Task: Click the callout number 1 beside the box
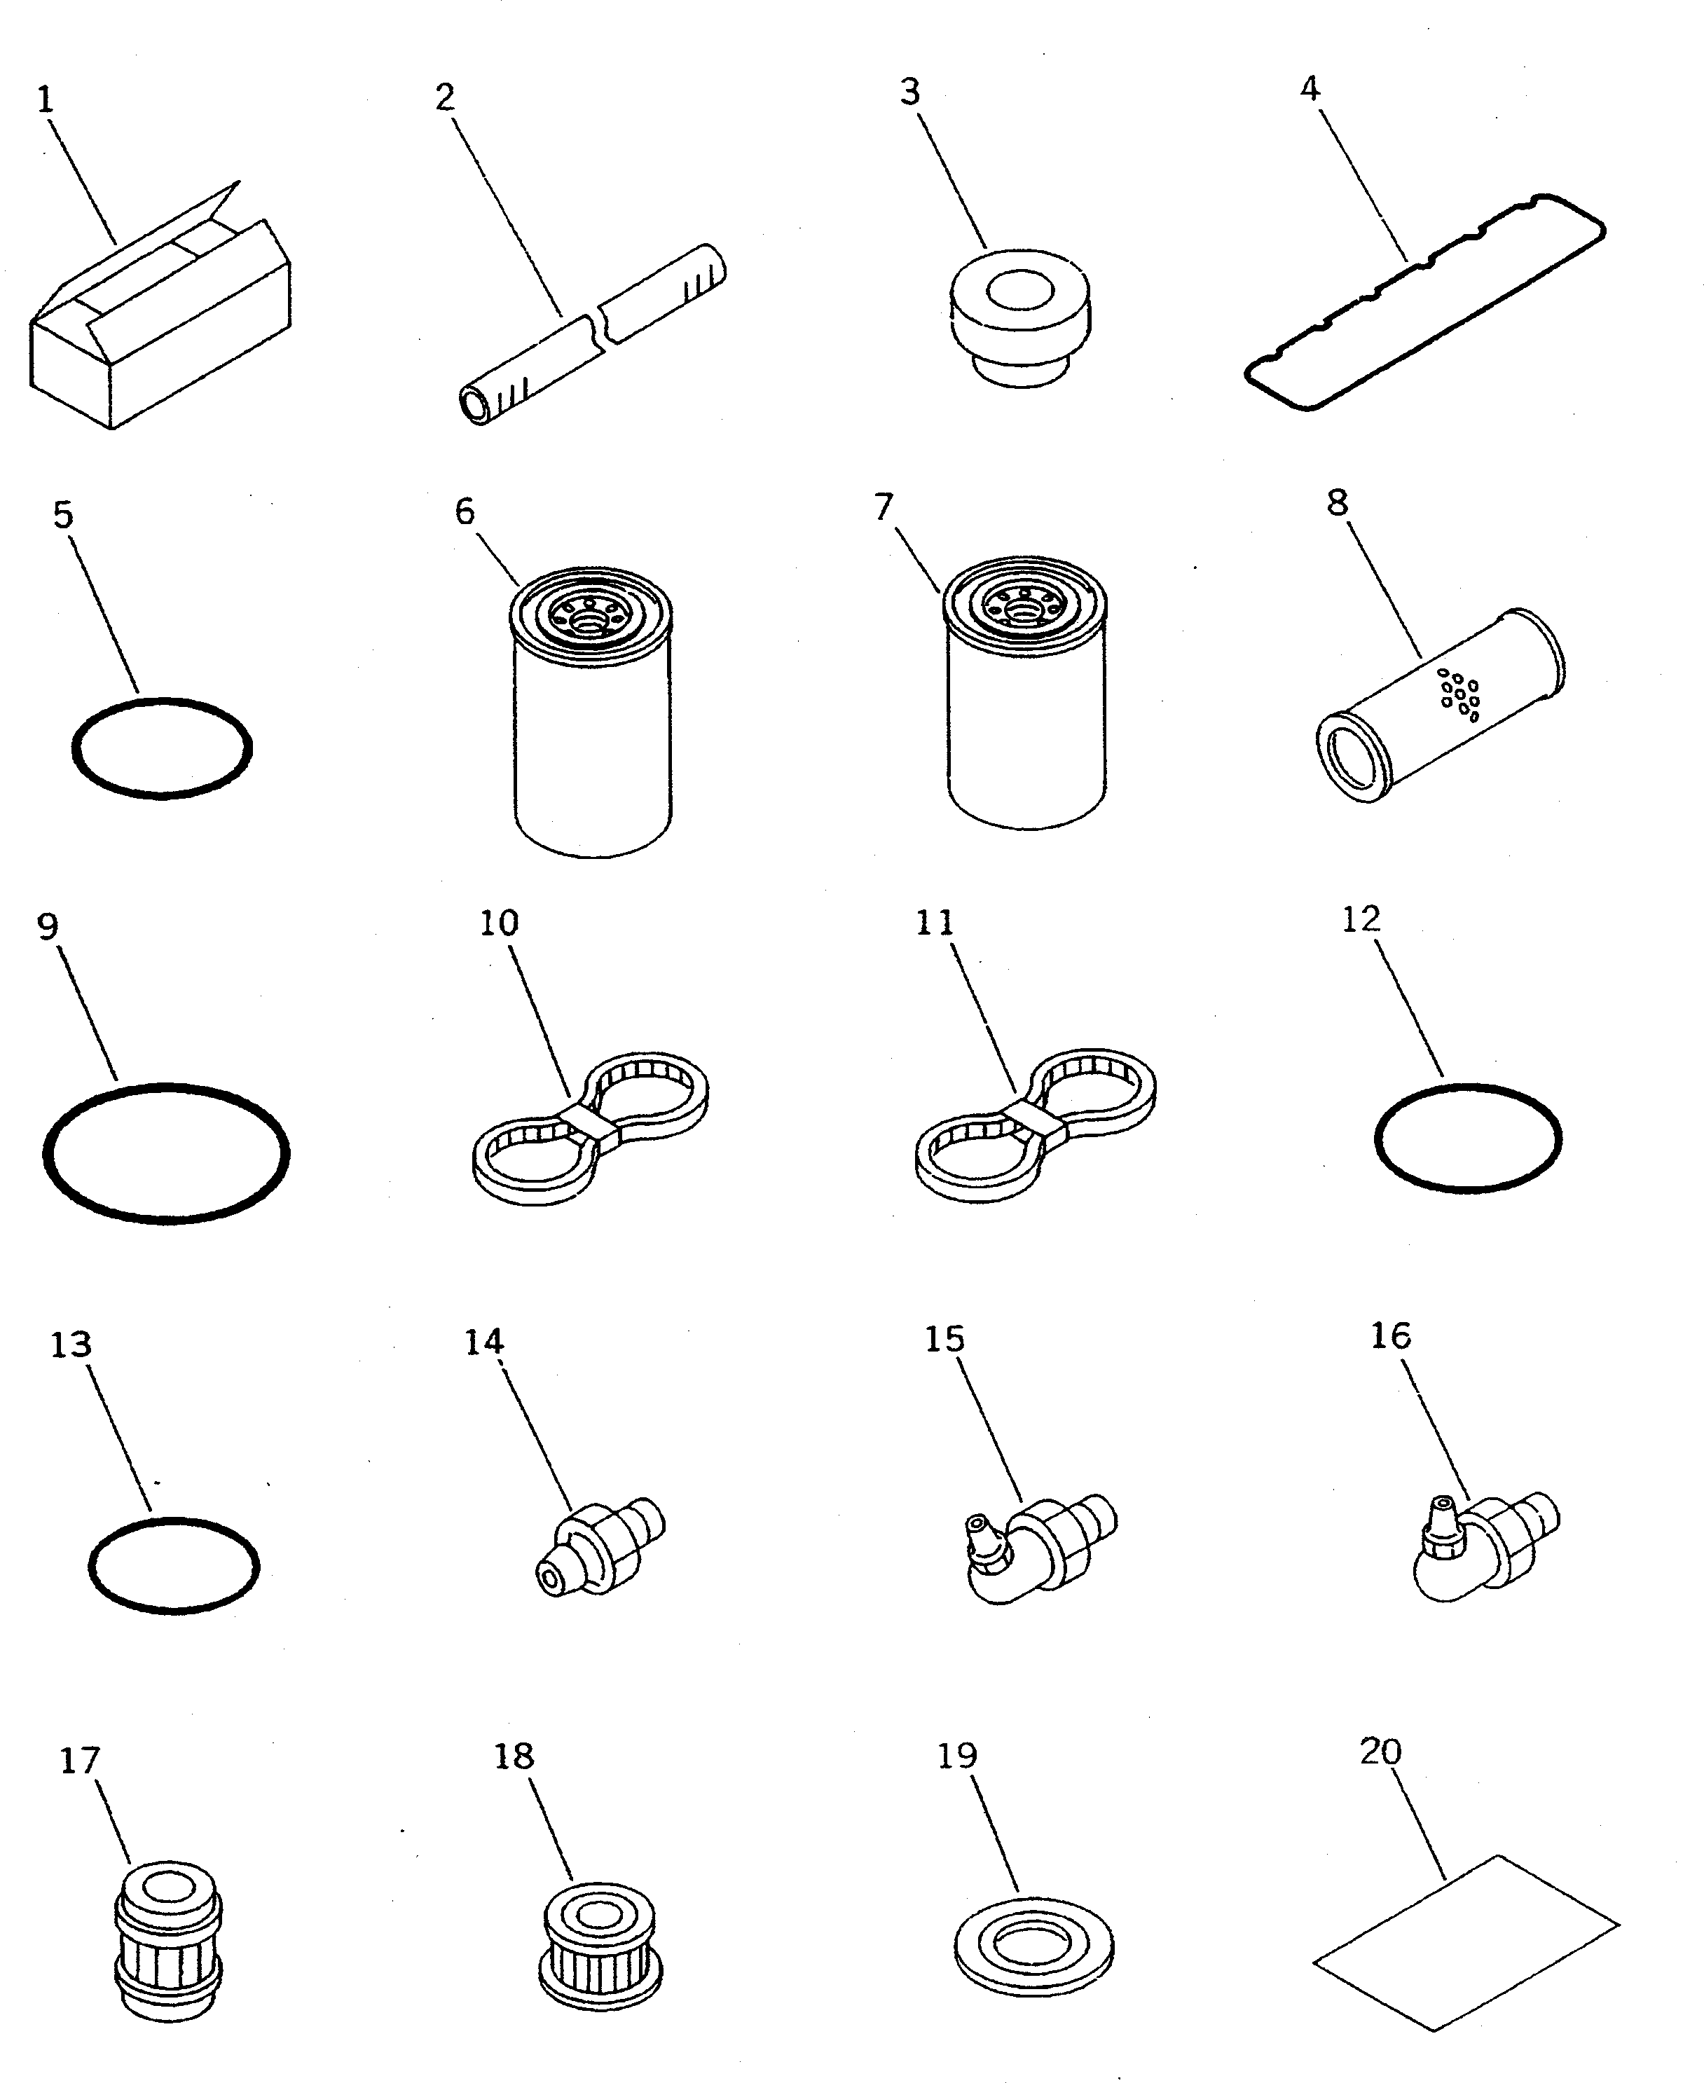pos(45,99)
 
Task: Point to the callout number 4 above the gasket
pos(1310,88)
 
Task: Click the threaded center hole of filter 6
pos(591,621)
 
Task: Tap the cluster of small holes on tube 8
pos(1459,694)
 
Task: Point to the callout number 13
pos(71,1344)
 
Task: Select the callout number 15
pos(944,1338)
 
